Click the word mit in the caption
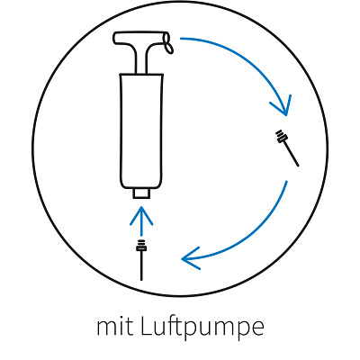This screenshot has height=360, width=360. (115, 326)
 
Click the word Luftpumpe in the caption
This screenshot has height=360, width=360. (202, 328)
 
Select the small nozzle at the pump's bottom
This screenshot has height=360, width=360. (141, 193)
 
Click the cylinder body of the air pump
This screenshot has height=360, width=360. (141, 131)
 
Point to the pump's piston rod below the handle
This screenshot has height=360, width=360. (141, 64)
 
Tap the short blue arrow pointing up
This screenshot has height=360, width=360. (141, 220)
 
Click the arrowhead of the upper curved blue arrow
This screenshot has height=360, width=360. (282, 106)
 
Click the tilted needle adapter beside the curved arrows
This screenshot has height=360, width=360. (287, 148)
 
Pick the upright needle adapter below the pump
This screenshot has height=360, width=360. (141, 260)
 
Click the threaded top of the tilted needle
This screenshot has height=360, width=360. (282, 137)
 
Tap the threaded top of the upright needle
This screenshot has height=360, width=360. (141, 246)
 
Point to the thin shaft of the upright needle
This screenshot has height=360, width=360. (141, 265)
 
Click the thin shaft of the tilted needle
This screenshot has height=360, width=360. (292, 154)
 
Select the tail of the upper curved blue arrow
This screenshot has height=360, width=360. (181, 39)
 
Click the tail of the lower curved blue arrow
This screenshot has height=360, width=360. (287, 181)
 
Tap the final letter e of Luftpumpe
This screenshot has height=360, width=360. (258, 329)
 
